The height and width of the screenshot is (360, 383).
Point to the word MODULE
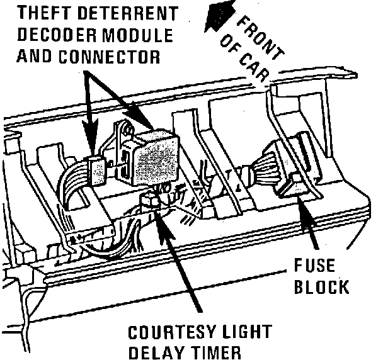click(x=135, y=34)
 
